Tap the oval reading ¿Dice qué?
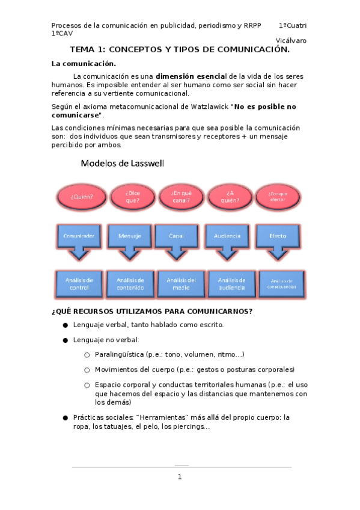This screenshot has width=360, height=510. [x=132, y=197]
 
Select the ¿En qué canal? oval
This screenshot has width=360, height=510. [x=181, y=197]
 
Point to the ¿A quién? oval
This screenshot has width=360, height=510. [x=230, y=197]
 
